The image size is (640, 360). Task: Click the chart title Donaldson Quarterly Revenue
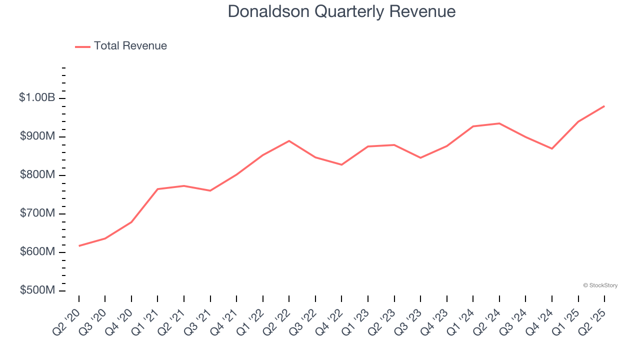pyautogui.click(x=341, y=11)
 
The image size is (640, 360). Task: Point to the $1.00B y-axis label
pyautogui.click(x=37, y=98)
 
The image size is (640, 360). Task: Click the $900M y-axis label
pyautogui.click(x=37, y=136)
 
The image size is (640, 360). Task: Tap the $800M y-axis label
pyautogui.click(x=37, y=175)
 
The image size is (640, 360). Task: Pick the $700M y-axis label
pyautogui.click(x=37, y=213)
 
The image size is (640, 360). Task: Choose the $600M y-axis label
pyautogui.click(x=37, y=252)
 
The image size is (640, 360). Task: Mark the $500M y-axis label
pyautogui.click(x=37, y=290)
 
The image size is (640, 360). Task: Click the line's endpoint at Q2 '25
pyautogui.click(x=604, y=106)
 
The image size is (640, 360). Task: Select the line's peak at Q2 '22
pyautogui.click(x=289, y=141)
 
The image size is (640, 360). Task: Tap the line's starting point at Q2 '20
pyautogui.click(x=79, y=246)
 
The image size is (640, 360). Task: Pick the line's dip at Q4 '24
pyautogui.click(x=552, y=148)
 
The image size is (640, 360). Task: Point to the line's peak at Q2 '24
pyautogui.click(x=499, y=123)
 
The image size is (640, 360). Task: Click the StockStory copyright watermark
pyautogui.click(x=600, y=285)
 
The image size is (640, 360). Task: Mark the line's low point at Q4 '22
pyautogui.click(x=341, y=164)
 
